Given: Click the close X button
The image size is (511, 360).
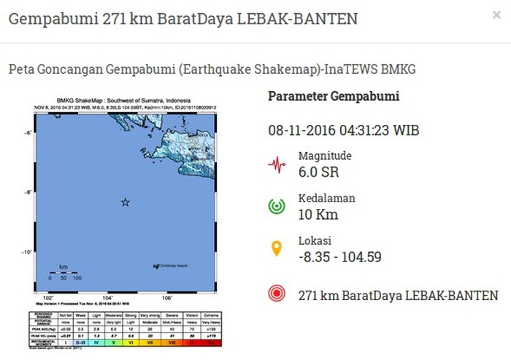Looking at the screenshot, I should [x=496, y=15].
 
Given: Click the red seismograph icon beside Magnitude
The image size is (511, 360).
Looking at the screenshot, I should [x=277, y=164].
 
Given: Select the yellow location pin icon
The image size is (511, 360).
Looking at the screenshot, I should [x=277, y=248].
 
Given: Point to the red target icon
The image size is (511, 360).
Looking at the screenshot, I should [x=277, y=294].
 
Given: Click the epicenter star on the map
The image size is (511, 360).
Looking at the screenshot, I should [x=125, y=202].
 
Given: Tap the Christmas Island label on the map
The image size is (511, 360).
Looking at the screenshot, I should [x=172, y=266].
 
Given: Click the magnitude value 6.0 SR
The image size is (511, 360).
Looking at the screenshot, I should [x=318, y=172].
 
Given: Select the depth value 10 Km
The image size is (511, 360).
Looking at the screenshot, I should [x=318, y=215].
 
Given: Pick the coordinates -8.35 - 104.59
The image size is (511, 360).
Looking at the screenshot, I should [x=339, y=257].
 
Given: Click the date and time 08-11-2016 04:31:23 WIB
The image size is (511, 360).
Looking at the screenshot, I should [x=343, y=131].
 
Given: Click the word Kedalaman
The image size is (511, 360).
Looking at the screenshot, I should [x=326, y=199].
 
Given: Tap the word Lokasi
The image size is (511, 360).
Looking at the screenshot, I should [x=315, y=241].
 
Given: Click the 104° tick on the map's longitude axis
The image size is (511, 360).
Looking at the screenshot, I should [x=108, y=298].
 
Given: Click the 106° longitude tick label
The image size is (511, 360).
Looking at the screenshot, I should [x=167, y=298].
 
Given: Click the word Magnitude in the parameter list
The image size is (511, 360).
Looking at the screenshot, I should [x=325, y=156].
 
